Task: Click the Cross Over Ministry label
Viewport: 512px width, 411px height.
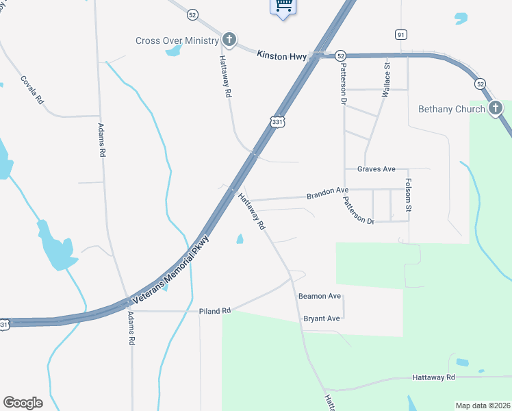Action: [177, 40]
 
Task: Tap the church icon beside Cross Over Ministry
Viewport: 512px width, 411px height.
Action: [229, 40]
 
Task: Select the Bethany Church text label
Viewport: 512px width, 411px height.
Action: [451, 109]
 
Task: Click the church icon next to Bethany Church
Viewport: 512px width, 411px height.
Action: [496, 108]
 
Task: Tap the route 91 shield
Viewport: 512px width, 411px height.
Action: [401, 34]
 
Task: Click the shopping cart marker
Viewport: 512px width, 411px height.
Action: [283, 6]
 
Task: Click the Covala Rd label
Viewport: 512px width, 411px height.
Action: [32, 89]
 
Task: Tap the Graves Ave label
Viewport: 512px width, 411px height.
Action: [376, 169]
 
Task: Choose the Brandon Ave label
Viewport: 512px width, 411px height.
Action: [327, 195]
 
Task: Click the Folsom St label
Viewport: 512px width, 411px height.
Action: [409, 195]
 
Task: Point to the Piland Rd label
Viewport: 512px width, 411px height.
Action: [215, 311]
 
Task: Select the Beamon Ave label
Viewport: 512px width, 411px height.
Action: [319, 296]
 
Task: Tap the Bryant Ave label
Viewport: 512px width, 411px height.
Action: [321, 319]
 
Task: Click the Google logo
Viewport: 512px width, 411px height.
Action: [23, 403]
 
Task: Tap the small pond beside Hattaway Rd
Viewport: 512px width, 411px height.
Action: [240, 239]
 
